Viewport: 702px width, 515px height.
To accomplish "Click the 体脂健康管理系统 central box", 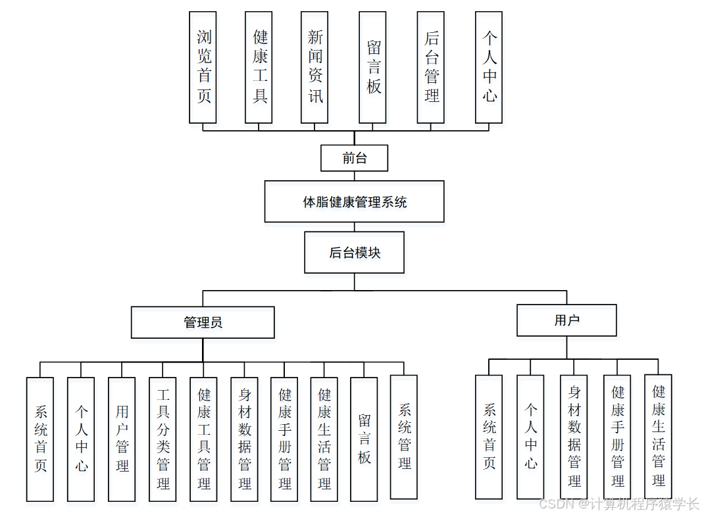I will coord(354,202).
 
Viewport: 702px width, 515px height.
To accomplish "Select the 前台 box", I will coord(354,158).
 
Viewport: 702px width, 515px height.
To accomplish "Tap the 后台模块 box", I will coord(354,253).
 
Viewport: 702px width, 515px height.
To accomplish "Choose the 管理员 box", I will coord(203,322).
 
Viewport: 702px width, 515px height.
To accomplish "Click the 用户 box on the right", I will coord(566,320).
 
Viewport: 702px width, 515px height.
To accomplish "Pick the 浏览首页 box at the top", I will coord(203,67).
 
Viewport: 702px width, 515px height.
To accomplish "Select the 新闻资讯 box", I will coord(314,67).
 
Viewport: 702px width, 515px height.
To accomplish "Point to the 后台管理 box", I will coord(430,67).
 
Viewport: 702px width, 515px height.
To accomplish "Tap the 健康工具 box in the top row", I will coord(259,67).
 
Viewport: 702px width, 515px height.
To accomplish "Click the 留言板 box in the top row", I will coord(372,67).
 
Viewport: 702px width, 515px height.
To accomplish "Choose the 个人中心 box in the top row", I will coord(489,67).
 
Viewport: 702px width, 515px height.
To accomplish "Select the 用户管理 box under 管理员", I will coord(122,439).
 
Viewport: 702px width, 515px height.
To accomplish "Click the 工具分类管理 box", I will coord(163,439).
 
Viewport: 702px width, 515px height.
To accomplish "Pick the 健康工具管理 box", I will coord(203,439).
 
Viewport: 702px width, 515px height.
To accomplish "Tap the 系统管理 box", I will coord(404,436).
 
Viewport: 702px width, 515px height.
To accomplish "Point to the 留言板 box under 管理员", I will coord(364,439).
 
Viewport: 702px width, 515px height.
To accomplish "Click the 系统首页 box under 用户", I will coord(489,437).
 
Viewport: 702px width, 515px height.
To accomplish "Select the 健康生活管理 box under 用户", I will coord(658,437).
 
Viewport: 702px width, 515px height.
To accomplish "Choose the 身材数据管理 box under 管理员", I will coord(244,439).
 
